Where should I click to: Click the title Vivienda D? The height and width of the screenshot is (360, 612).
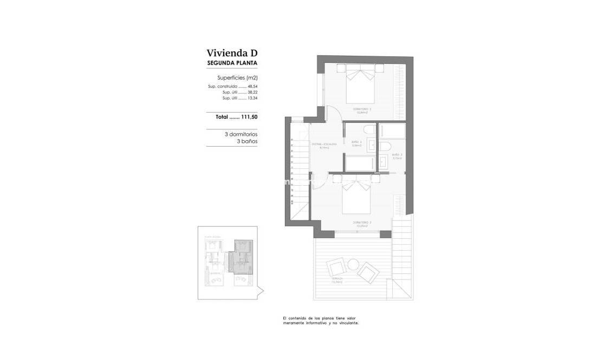pos(232,53)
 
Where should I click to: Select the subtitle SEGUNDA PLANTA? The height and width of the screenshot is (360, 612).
pos(232,63)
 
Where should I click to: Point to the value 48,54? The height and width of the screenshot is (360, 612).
pos(252,86)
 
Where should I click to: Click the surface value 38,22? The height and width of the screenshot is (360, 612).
pos(252,92)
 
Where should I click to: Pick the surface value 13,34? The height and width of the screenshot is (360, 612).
pos(252,98)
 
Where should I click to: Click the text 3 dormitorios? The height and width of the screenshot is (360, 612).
pos(241,134)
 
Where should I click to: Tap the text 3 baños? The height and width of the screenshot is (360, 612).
pos(247,141)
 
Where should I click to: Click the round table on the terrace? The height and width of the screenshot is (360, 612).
pos(353,264)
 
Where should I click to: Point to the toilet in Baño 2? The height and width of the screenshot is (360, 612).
pos(368,130)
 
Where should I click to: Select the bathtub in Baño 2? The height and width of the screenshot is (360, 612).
pos(359,163)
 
